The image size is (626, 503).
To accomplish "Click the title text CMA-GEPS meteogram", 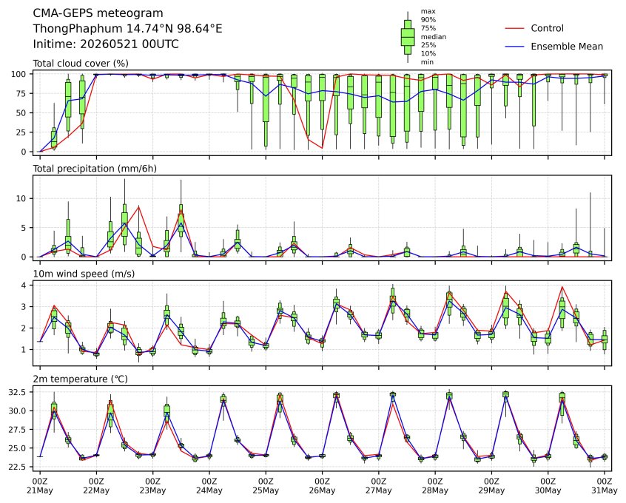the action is pos(98,13).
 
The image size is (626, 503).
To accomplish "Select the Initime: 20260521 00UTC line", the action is pos(106,44).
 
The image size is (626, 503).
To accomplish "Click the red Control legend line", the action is pos(514,28).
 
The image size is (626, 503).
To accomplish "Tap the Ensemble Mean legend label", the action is pos(567,47).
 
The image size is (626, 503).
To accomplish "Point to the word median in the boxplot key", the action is pos(434,37).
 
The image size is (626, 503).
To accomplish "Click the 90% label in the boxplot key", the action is pos(428,19).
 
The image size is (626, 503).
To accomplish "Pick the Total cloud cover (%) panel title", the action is pos(81,64).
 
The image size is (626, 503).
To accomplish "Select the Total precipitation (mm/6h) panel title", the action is pos(95,169).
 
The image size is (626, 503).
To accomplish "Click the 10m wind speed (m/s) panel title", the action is pos(84,274).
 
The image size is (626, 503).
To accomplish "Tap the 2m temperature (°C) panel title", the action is pos(80,379).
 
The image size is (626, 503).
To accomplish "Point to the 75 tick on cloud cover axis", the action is pos(21,93).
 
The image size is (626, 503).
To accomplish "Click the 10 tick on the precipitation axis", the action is pos(21,198).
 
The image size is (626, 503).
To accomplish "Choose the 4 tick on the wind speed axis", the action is pos(24,285).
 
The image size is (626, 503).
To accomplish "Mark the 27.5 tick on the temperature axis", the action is pos(18,430).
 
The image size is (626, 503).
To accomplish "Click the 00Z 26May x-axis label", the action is pos(322,486).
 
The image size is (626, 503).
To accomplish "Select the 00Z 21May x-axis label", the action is pos(40,486).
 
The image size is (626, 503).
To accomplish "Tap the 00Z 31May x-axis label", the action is pos(605,486).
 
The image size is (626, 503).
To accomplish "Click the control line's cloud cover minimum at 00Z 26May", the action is pos(322,148).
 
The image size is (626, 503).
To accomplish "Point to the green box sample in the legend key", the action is pos(408,37).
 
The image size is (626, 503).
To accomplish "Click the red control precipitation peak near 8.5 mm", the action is pos(138,206).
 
